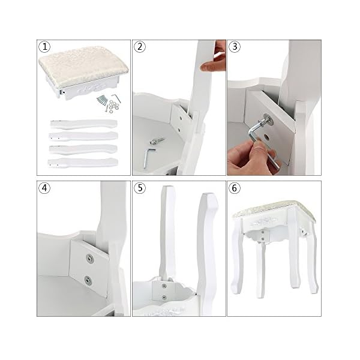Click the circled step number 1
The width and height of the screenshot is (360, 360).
point(44,47)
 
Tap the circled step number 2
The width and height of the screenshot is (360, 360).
point(140,47)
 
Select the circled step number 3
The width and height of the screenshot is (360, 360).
point(235,47)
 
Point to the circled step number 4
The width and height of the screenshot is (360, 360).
point(44,188)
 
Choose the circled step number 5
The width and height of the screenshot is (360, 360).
point(140,188)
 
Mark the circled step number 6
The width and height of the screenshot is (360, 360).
point(235,188)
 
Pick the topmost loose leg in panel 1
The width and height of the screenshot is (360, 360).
point(84,124)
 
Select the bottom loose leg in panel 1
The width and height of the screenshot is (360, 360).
point(83,163)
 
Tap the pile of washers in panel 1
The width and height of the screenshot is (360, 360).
point(114,106)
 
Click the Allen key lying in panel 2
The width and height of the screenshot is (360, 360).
point(148,158)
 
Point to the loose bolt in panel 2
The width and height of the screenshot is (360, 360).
point(157,140)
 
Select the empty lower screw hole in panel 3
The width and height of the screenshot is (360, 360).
point(266,137)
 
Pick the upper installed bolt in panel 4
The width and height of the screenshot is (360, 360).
point(90,259)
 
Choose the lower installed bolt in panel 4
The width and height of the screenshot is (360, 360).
point(88,280)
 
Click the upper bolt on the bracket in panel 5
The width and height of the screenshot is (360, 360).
point(164,286)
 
